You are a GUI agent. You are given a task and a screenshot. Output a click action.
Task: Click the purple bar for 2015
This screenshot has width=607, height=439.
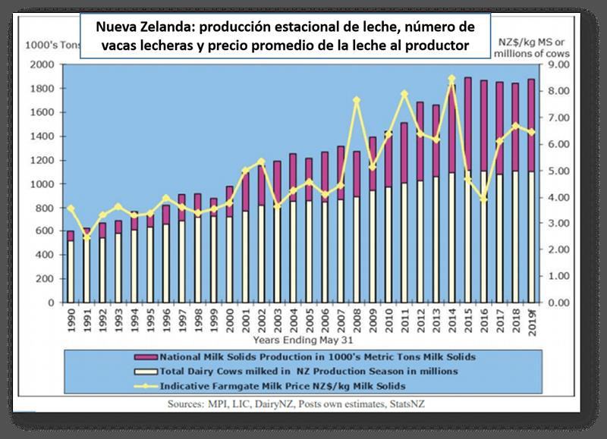point(467,125)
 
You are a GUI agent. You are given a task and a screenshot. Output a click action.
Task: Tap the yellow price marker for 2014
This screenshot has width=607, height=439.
point(451,79)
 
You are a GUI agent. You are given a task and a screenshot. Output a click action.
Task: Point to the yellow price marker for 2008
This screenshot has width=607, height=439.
point(356,100)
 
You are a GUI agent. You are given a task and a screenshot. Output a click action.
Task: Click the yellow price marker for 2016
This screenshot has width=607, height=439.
point(483,199)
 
